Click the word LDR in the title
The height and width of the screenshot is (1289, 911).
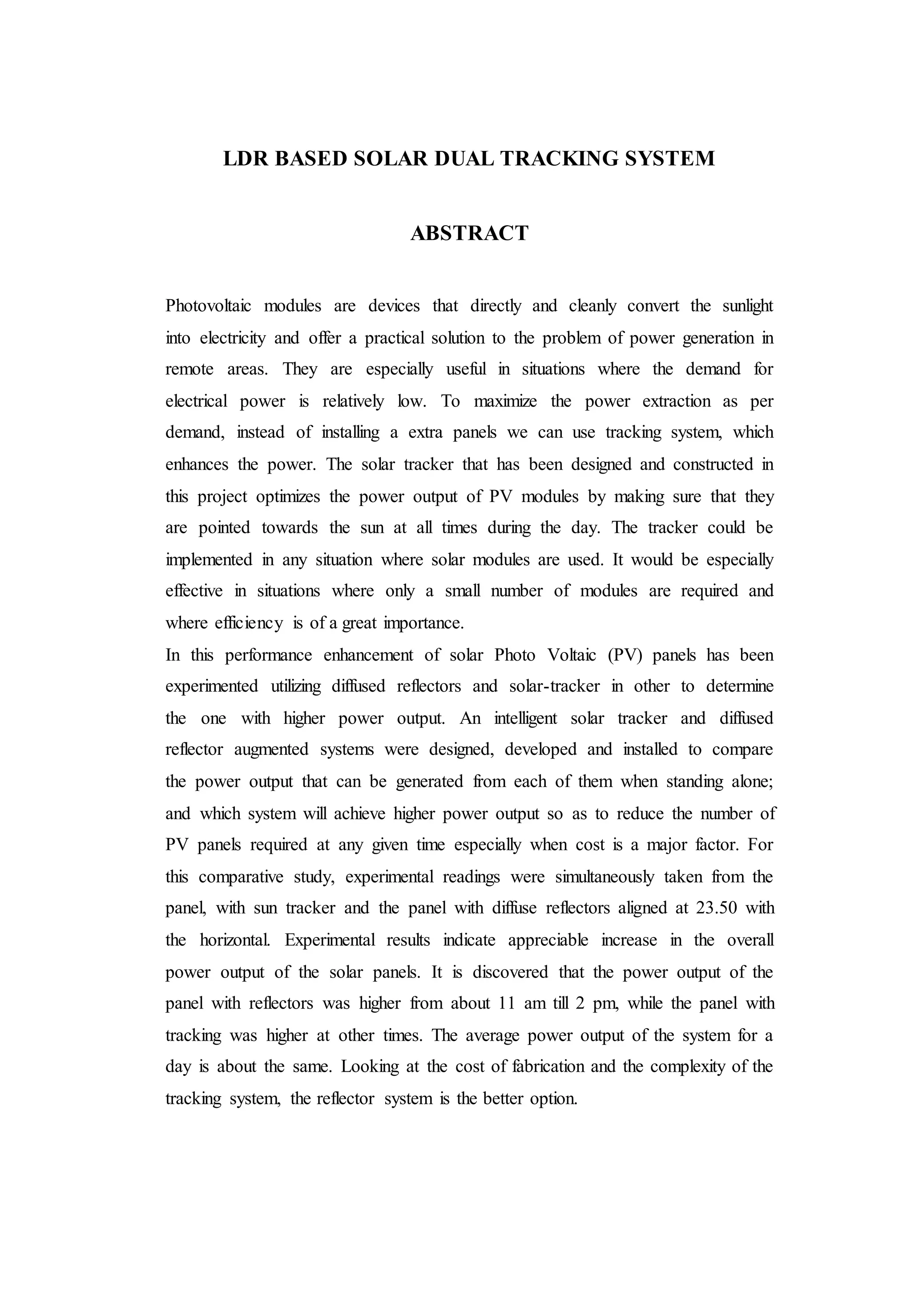point(245,159)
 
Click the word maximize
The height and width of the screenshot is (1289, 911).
point(505,401)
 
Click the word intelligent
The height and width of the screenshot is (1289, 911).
point(526,718)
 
